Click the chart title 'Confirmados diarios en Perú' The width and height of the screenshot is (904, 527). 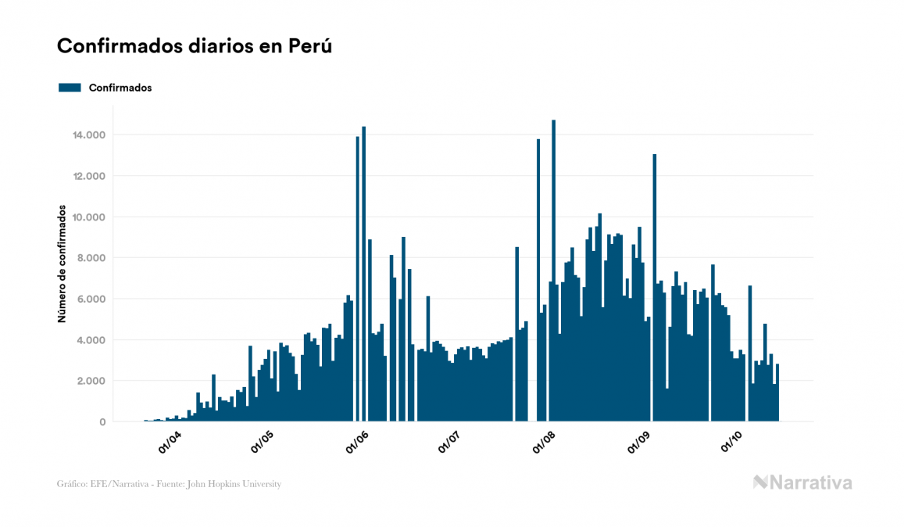click(195, 46)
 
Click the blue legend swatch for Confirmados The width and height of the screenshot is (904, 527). click(70, 88)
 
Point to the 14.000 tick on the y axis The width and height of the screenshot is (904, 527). click(89, 135)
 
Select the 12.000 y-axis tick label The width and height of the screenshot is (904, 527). click(89, 176)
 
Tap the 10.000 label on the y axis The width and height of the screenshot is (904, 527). click(89, 217)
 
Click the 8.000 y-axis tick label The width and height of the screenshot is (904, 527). click(91, 258)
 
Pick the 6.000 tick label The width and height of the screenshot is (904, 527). click(91, 299)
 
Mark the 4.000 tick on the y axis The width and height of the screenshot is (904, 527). click(91, 340)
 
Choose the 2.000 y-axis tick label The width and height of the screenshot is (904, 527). click(91, 381)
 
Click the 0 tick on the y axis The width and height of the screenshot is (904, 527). click(102, 422)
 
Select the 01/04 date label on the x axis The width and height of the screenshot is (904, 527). click(170, 443)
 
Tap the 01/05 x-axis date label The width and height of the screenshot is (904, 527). click(262, 443)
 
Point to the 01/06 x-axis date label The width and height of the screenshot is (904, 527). click(356, 443)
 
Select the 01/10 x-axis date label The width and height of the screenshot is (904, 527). click(730, 443)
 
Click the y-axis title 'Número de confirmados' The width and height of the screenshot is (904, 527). click(62, 265)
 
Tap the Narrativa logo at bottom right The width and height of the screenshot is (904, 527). click(802, 482)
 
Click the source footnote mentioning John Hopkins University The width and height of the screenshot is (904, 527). click(169, 484)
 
